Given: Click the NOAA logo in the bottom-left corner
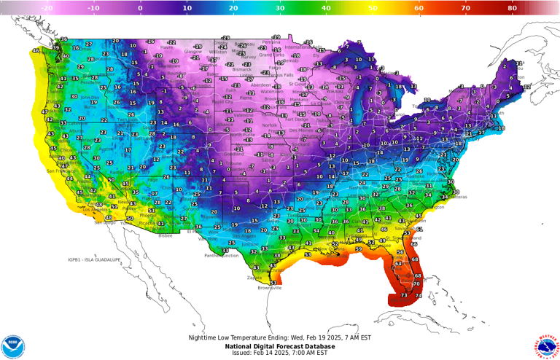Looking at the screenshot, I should pos(12,346).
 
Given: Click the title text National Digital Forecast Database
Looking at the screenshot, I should pos(279,345).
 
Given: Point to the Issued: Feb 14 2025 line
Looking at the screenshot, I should pos(279,353).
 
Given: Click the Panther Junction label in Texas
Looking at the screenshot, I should pos(221,256).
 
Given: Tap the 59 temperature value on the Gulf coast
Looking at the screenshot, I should pos(358,250).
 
